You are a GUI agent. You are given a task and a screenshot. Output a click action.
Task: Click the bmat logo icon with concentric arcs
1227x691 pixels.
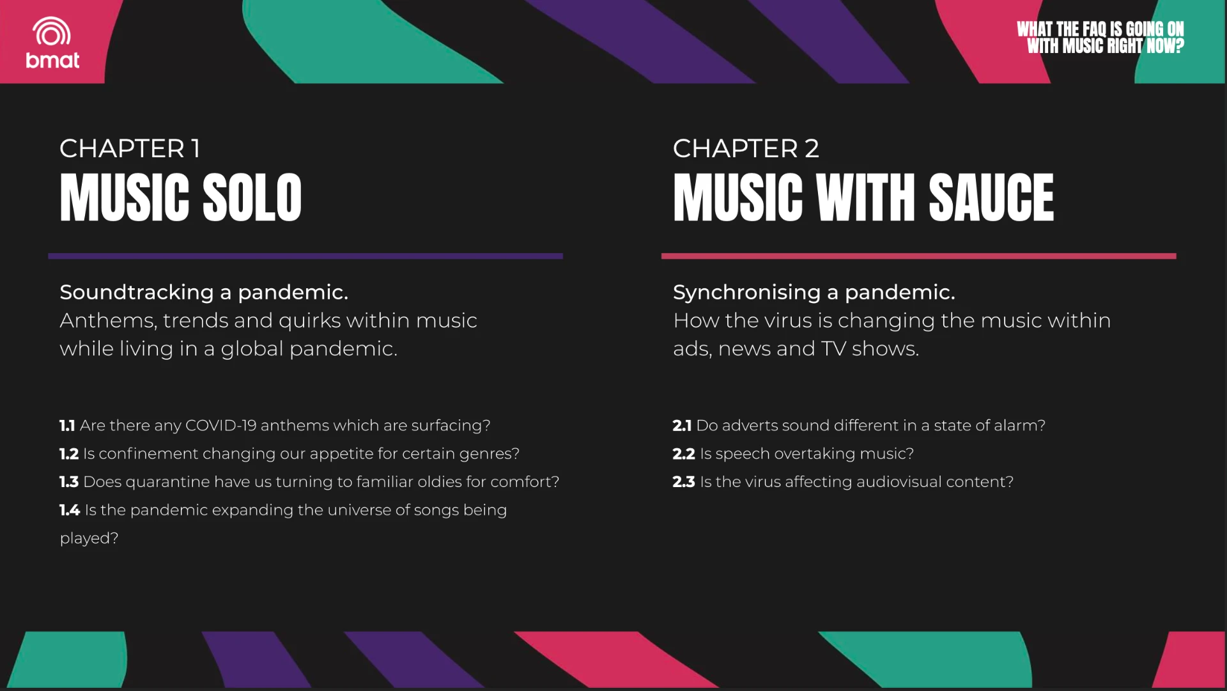pos(52,32)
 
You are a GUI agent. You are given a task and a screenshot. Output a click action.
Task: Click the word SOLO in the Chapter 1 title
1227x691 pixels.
pos(252,198)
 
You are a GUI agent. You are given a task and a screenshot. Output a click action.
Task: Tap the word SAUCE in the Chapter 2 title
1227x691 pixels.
pos(991,198)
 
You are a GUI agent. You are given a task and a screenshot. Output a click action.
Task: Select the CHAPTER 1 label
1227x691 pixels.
pos(130,148)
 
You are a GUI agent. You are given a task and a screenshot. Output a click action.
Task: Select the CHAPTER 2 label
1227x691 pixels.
pos(746,148)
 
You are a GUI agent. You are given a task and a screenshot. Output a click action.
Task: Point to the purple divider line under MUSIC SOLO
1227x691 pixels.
pos(305,256)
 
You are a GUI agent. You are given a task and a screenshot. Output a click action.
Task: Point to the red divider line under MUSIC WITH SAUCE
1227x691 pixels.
pos(918,256)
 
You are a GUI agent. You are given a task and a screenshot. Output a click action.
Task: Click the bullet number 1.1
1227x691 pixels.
pos(67,426)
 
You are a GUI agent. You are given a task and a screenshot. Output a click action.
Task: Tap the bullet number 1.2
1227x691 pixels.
pos(69,454)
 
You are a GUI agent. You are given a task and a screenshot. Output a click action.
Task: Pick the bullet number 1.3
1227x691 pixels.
pos(69,482)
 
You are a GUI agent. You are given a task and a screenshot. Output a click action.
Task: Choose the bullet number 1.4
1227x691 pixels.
pos(70,510)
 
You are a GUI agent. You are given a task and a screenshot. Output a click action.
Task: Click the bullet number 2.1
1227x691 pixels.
pos(682,426)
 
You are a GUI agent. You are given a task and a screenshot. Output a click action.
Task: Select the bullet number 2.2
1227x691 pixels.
pos(684,454)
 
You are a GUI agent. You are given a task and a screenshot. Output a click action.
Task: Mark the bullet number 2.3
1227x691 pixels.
pos(684,482)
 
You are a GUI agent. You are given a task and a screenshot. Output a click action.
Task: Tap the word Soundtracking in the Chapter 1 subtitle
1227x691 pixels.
pos(137,292)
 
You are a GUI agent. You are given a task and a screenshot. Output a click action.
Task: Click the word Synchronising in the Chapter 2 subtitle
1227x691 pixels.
pos(747,292)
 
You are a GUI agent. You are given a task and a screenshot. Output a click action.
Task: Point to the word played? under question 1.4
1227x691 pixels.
pos(89,538)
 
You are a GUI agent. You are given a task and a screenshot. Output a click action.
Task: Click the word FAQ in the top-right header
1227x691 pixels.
pos(1095,29)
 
